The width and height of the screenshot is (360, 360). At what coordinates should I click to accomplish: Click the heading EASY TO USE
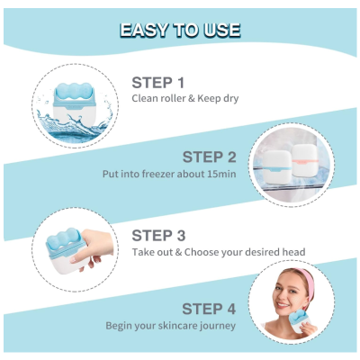[x=180, y=30]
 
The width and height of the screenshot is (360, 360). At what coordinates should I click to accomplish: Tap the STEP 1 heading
[x=158, y=83]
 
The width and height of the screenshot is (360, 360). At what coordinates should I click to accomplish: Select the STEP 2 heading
[x=210, y=157]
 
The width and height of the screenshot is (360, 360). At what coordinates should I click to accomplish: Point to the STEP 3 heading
[x=158, y=236]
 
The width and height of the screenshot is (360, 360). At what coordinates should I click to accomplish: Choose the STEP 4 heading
[x=209, y=309]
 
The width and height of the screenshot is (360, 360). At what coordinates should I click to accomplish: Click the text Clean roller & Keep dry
[x=185, y=98]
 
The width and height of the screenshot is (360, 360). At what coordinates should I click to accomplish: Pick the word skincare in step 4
[x=174, y=326]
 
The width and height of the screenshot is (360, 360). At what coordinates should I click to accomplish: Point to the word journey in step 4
[x=218, y=327]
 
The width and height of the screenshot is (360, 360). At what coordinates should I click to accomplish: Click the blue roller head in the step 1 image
[x=74, y=90]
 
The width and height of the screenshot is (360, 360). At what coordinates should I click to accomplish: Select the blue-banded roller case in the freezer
[x=276, y=167]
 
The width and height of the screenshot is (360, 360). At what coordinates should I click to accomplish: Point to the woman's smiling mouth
[x=283, y=305]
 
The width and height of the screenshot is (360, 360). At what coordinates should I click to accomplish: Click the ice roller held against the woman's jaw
[x=301, y=321]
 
